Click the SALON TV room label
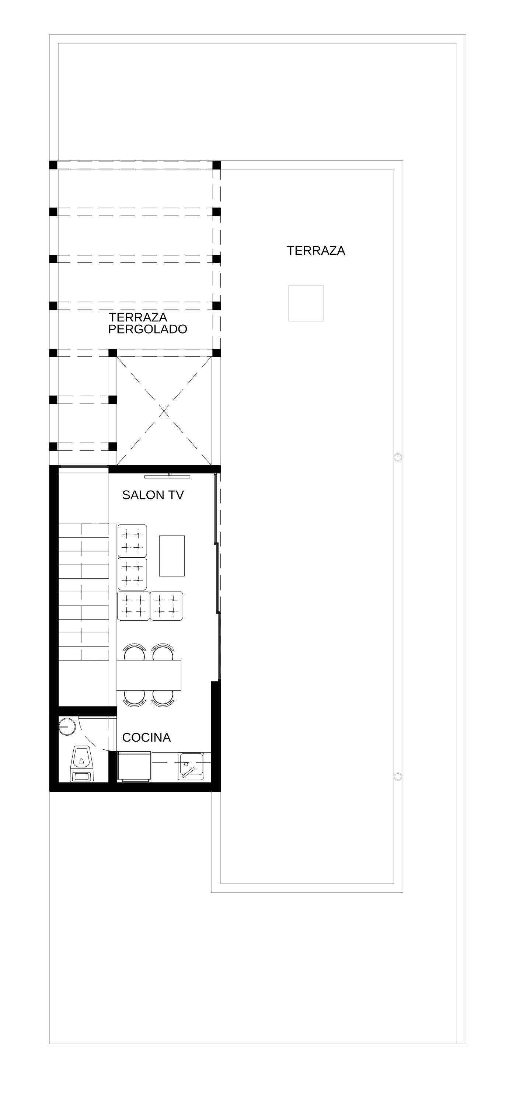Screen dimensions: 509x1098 (x=153, y=495)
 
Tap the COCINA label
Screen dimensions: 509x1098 (x=146, y=738)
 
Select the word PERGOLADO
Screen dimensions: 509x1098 (x=147, y=329)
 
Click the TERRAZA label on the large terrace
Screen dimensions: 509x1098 (x=316, y=251)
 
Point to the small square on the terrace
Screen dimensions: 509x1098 (x=306, y=303)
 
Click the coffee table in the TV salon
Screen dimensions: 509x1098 (x=172, y=556)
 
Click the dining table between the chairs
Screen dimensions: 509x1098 (x=149, y=675)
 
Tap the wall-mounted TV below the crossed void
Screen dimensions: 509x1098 (x=167, y=477)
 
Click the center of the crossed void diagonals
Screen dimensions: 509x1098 (x=164, y=411)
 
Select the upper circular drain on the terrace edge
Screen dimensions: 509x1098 (x=398, y=457)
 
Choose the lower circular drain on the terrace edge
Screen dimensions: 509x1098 (x=398, y=776)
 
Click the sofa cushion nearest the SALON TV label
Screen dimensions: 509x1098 (x=132, y=540)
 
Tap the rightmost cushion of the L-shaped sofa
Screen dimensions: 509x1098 (x=167, y=606)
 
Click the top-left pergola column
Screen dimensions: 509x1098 (x=53, y=165)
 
